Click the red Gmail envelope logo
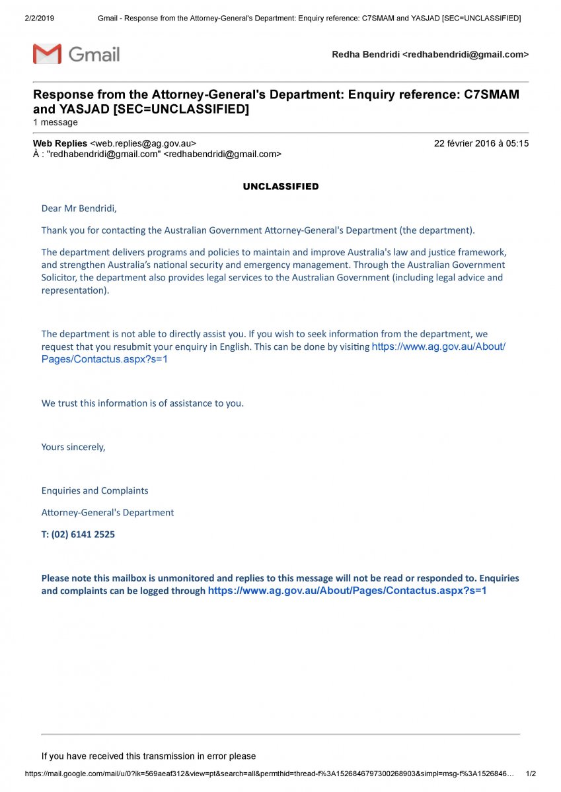point(47,54)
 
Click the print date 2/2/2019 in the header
point(39,18)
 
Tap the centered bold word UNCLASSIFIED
point(281,187)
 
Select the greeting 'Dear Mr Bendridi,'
point(79,209)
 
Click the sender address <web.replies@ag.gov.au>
point(143,143)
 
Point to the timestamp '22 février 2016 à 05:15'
point(481,143)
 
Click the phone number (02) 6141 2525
point(83,535)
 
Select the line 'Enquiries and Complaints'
point(94,490)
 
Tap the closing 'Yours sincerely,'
point(73,447)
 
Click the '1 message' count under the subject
point(56,122)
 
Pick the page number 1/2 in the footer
point(531,773)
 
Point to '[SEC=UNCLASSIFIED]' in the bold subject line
point(181,109)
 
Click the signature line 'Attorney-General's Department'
point(108,512)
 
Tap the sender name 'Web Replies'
point(60,143)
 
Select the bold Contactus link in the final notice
point(347,591)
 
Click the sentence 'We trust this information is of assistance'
point(142,403)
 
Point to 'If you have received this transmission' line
point(149,756)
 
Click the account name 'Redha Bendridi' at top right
point(365,55)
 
